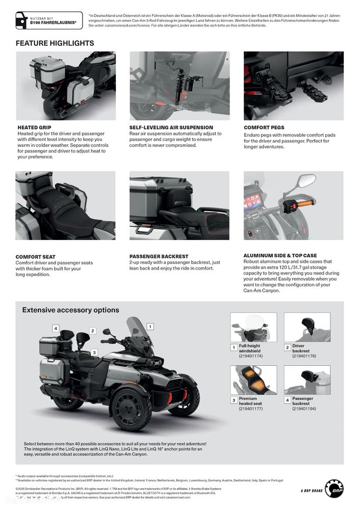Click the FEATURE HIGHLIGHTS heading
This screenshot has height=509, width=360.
pos(55,43)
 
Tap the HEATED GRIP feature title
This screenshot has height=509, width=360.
pos(34,127)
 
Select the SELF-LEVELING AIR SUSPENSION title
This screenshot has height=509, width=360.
pos(171,127)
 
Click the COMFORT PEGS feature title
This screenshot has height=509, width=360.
pos(264,127)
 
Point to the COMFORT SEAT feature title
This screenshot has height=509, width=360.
pos(36,257)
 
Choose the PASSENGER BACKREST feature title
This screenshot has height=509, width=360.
pos(159,256)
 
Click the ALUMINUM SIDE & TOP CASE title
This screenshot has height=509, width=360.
pos(280,255)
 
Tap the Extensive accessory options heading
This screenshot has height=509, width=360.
pos(70,310)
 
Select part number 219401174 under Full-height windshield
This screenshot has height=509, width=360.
pos(250,356)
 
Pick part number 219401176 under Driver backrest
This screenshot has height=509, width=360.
pos(304,356)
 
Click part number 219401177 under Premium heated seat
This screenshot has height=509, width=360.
pos(250,409)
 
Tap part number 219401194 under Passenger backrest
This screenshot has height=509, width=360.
pos(304,409)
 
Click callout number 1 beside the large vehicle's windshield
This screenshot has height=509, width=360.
pos(150,326)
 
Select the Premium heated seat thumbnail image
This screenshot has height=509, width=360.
pos(253,380)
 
